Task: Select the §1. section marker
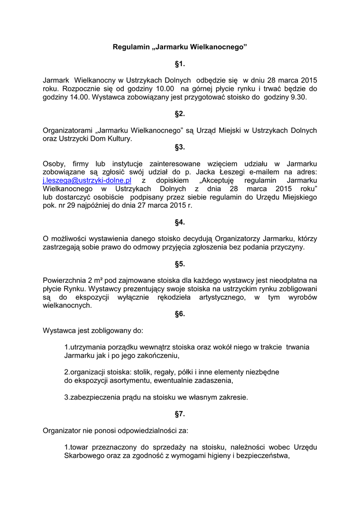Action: [180, 64]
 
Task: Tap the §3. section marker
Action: [180, 147]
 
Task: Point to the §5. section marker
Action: [180, 264]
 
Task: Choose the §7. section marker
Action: [180, 414]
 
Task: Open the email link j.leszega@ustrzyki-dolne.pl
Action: [87, 180]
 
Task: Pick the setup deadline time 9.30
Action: [298, 97]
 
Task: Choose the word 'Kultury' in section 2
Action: [120, 139]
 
